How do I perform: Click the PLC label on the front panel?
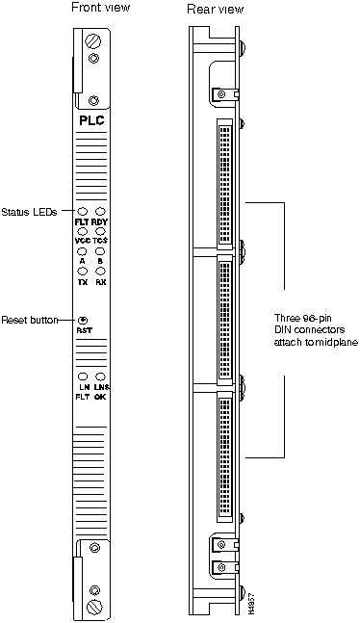click(91, 122)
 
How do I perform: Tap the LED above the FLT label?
click(83, 211)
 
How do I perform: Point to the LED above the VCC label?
click(83, 231)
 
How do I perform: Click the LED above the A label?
click(83, 251)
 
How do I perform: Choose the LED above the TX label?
click(83, 272)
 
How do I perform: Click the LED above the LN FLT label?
click(83, 376)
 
